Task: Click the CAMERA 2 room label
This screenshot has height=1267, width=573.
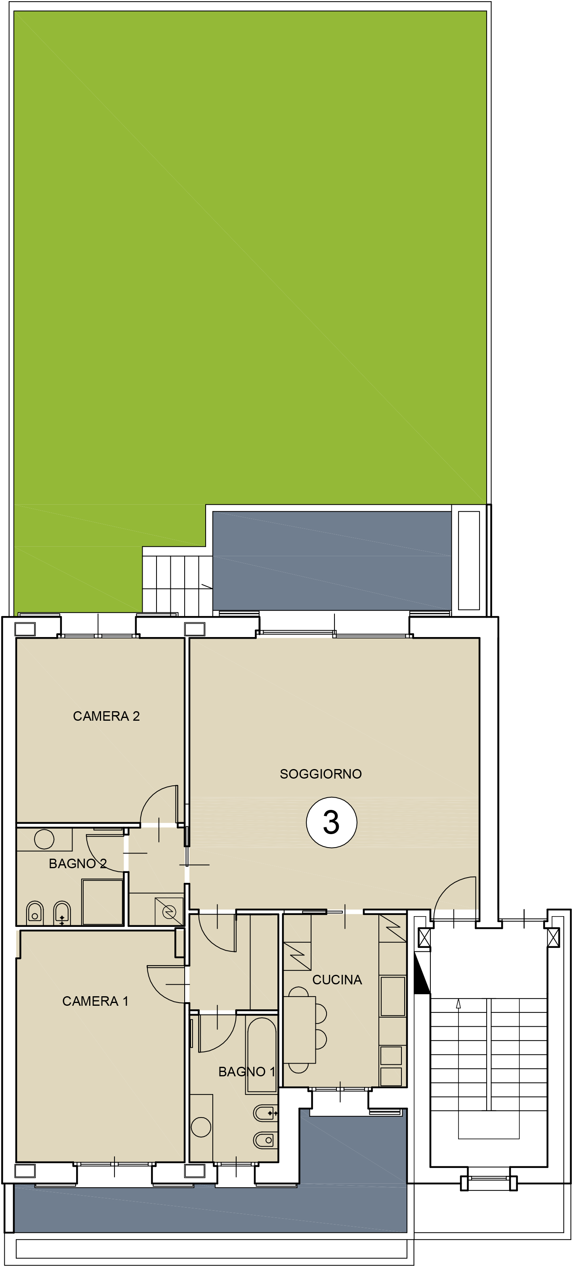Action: [106, 716]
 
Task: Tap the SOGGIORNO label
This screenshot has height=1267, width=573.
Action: [321, 774]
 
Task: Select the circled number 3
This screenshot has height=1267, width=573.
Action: [332, 822]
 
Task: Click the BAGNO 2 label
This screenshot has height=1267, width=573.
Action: [78, 864]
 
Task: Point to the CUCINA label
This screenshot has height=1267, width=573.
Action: [337, 980]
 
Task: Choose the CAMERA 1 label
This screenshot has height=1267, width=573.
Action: [95, 1001]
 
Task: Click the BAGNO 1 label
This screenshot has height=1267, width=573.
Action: [247, 1072]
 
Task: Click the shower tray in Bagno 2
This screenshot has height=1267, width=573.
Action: [102, 902]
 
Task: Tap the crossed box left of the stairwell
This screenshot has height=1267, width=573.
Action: [424, 938]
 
